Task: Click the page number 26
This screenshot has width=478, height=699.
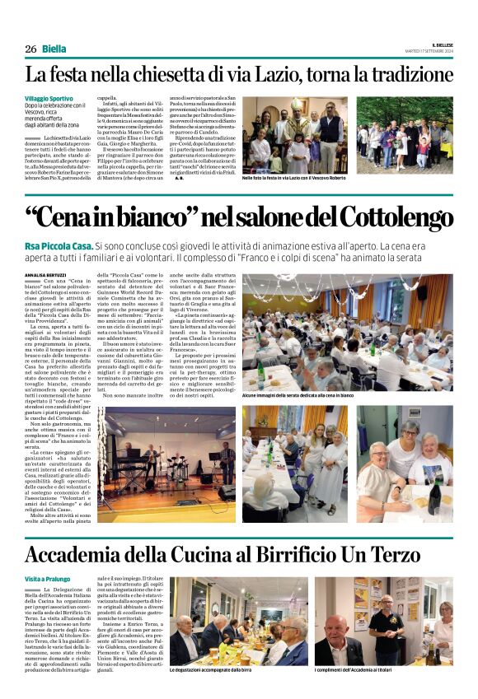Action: click(31, 49)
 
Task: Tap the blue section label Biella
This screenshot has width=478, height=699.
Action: click(54, 49)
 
